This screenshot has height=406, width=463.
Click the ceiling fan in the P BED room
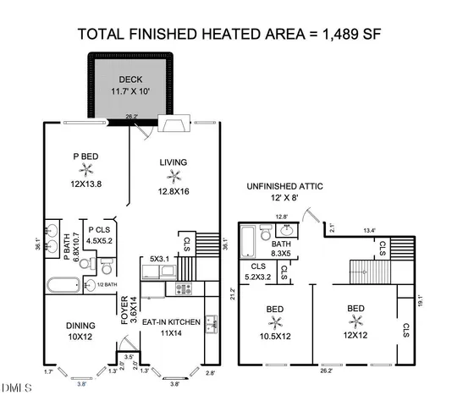click(x=85, y=169)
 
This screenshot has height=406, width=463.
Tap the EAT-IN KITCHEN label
click(x=170, y=321)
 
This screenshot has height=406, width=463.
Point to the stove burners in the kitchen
click(x=184, y=289)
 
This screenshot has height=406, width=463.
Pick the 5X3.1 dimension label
click(x=160, y=259)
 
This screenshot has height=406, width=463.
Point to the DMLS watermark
click(x=16, y=388)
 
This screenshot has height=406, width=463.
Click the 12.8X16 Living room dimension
click(x=173, y=192)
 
